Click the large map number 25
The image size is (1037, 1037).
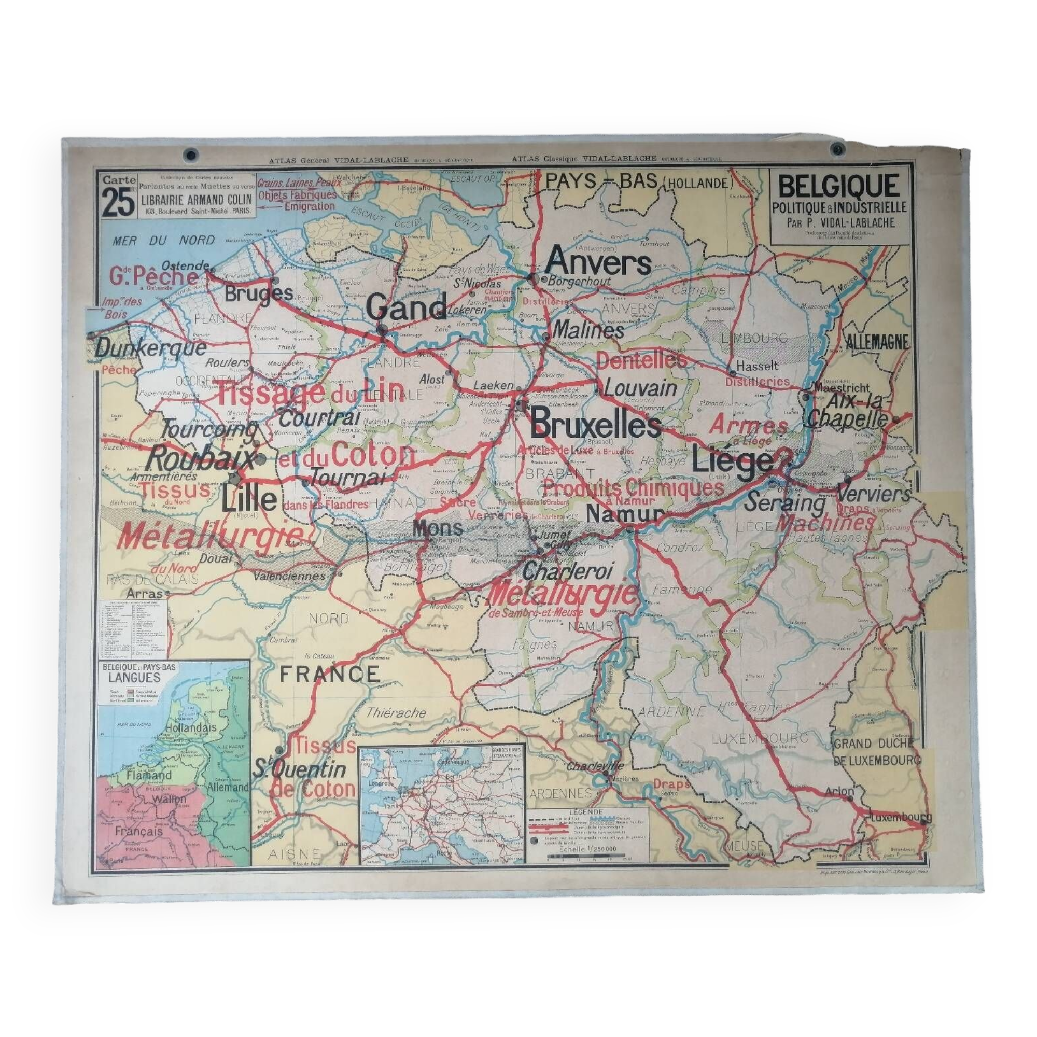(x=118, y=204)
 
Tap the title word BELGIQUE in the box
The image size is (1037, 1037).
(x=838, y=186)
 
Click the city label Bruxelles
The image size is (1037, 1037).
(x=595, y=427)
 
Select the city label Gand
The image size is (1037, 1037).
(x=407, y=307)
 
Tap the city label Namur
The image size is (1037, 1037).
(x=625, y=514)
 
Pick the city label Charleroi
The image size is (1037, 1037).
(x=567, y=571)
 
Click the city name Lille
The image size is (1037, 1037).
(x=249, y=499)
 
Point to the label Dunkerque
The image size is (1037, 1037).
(x=150, y=348)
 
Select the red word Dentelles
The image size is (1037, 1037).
(x=641, y=361)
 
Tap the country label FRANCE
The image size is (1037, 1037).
(x=330, y=674)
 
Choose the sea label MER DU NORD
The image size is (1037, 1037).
(x=164, y=240)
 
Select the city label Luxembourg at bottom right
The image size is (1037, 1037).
(x=900, y=818)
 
